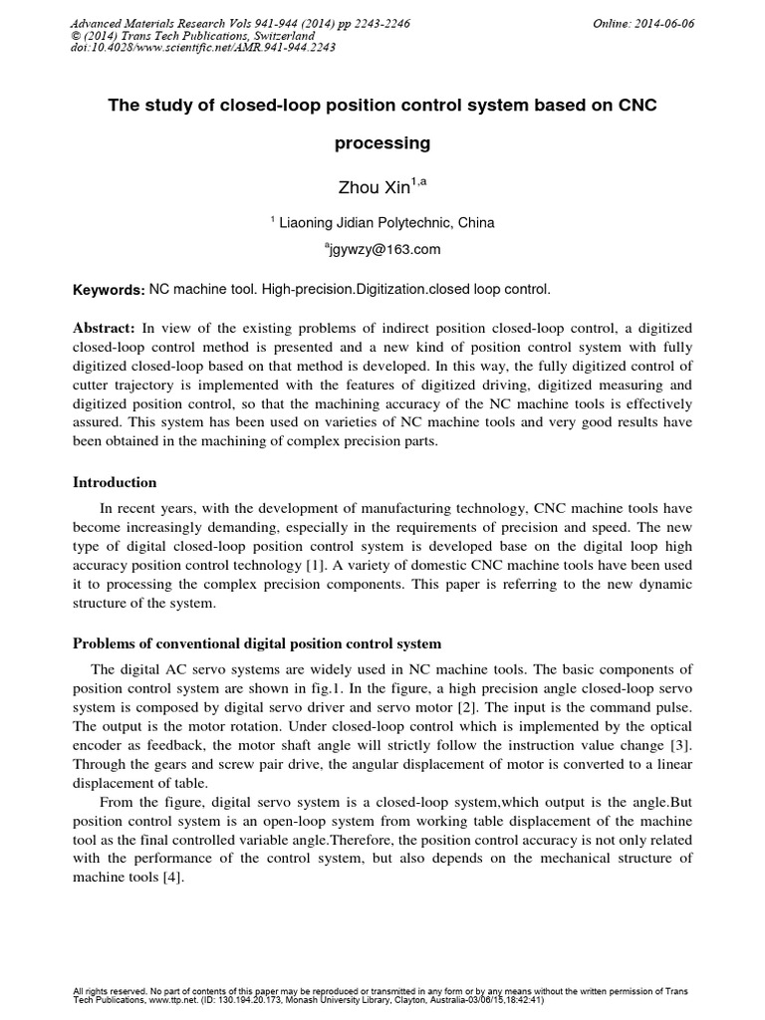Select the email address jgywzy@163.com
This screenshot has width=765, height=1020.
(382, 250)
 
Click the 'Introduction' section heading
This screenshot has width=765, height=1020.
(115, 482)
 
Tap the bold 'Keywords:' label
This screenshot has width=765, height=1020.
(109, 289)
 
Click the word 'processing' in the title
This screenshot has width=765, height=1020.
(382, 142)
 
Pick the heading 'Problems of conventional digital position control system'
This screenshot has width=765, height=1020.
(257, 643)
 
